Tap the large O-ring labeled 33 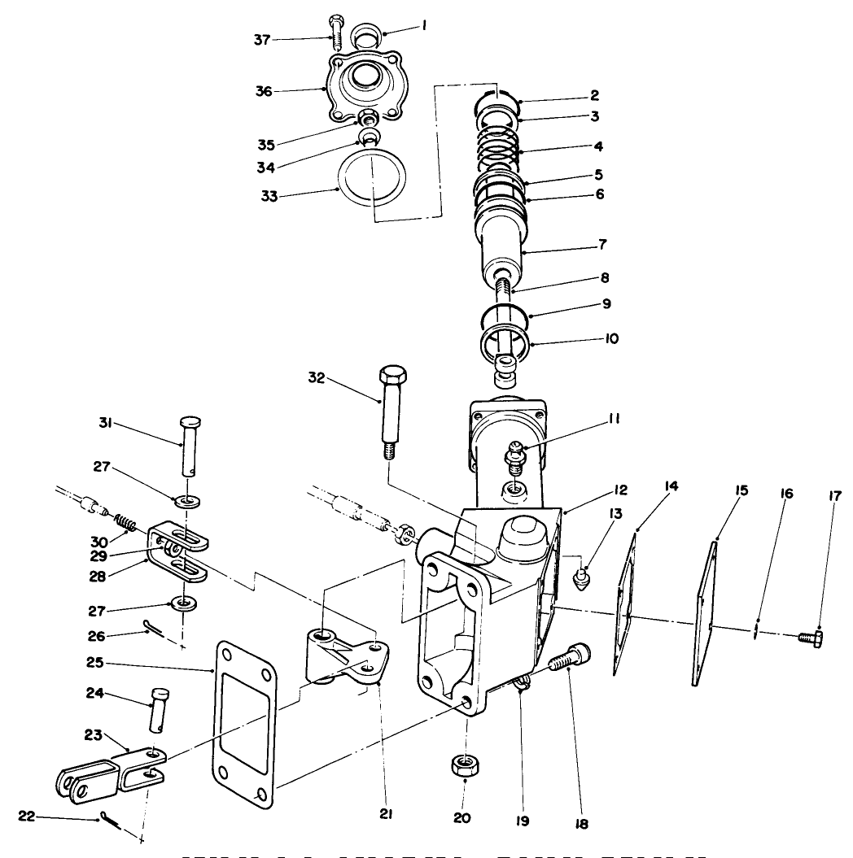click(374, 183)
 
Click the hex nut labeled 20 click(464, 765)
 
